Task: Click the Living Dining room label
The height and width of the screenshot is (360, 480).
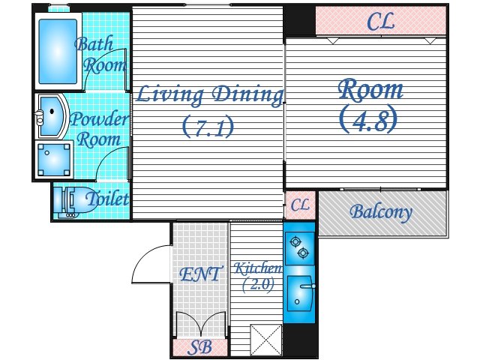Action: [x=209, y=95]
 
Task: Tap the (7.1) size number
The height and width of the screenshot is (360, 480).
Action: [x=208, y=126]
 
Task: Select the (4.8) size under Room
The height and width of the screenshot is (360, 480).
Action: [x=368, y=119]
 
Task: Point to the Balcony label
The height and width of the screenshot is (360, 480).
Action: [x=381, y=212]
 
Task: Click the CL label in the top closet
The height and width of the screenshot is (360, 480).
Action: [x=380, y=21]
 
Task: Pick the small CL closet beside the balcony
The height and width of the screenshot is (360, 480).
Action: [x=300, y=205]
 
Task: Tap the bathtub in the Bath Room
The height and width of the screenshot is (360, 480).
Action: [x=58, y=52]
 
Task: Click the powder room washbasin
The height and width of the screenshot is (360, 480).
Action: [x=51, y=115]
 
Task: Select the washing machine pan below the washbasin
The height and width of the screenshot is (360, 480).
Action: [x=54, y=160]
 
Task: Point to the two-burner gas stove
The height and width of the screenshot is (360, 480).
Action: [x=300, y=248]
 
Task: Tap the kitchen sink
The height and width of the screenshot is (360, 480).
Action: [x=300, y=293]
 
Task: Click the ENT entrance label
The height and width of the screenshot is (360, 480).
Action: [x=199, y=274]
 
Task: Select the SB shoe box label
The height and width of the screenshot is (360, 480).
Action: [x=200, y=347]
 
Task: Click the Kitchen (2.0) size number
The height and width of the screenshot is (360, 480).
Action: [x=258, y=285]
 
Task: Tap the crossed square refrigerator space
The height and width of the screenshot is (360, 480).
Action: [x=265, y=340]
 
